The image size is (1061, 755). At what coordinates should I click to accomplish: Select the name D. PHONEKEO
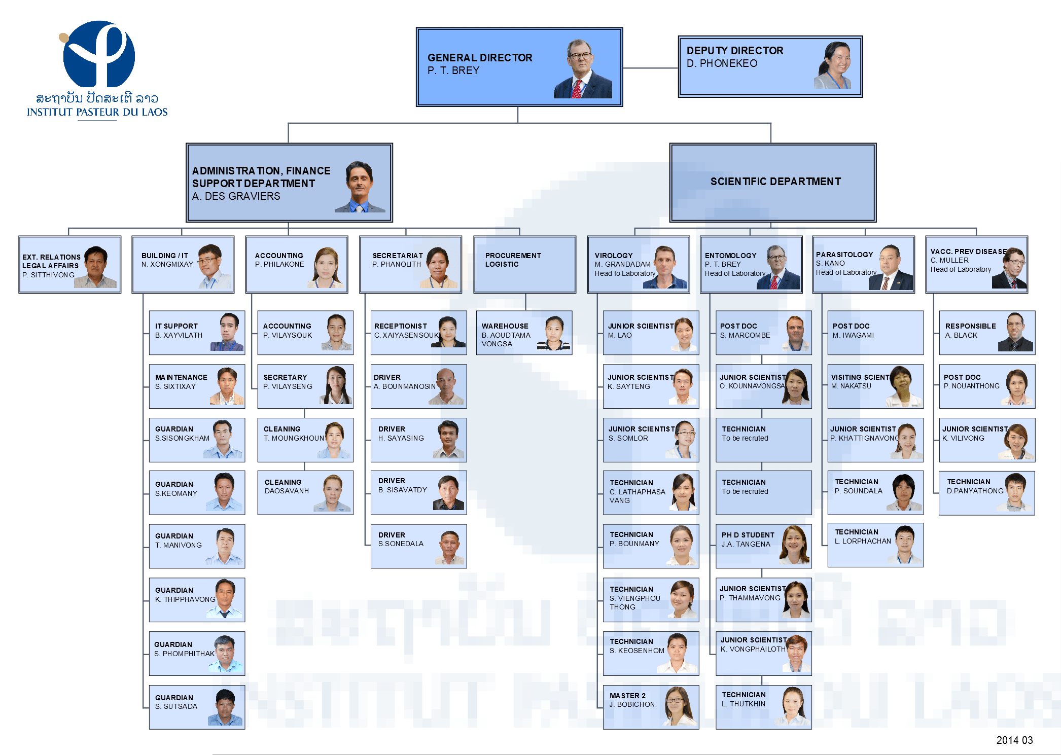click(722, 63)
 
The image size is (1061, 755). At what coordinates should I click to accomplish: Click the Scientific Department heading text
click(775, 182)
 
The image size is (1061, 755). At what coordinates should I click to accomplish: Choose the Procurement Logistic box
click(524, 264)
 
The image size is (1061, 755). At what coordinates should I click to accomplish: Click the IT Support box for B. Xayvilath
click(197, 333)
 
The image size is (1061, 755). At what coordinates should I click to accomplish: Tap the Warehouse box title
click(505, 326)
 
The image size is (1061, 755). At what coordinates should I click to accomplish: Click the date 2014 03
click(1014, 740)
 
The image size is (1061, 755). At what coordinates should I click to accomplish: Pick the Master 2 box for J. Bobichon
click(651, 707)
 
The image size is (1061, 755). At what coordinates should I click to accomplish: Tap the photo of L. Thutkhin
click(793, 706)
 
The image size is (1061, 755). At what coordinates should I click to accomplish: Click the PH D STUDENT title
click(748, 535)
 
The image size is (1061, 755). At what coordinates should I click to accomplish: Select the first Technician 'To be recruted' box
click(763, 440)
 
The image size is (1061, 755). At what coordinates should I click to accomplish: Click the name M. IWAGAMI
click(853, 335)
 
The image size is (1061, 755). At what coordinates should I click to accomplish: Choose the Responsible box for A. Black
click(986, 333)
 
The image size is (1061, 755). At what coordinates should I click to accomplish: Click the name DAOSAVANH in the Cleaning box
click(287, 491)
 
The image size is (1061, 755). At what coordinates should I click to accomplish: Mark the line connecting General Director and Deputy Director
click(651, 68)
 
